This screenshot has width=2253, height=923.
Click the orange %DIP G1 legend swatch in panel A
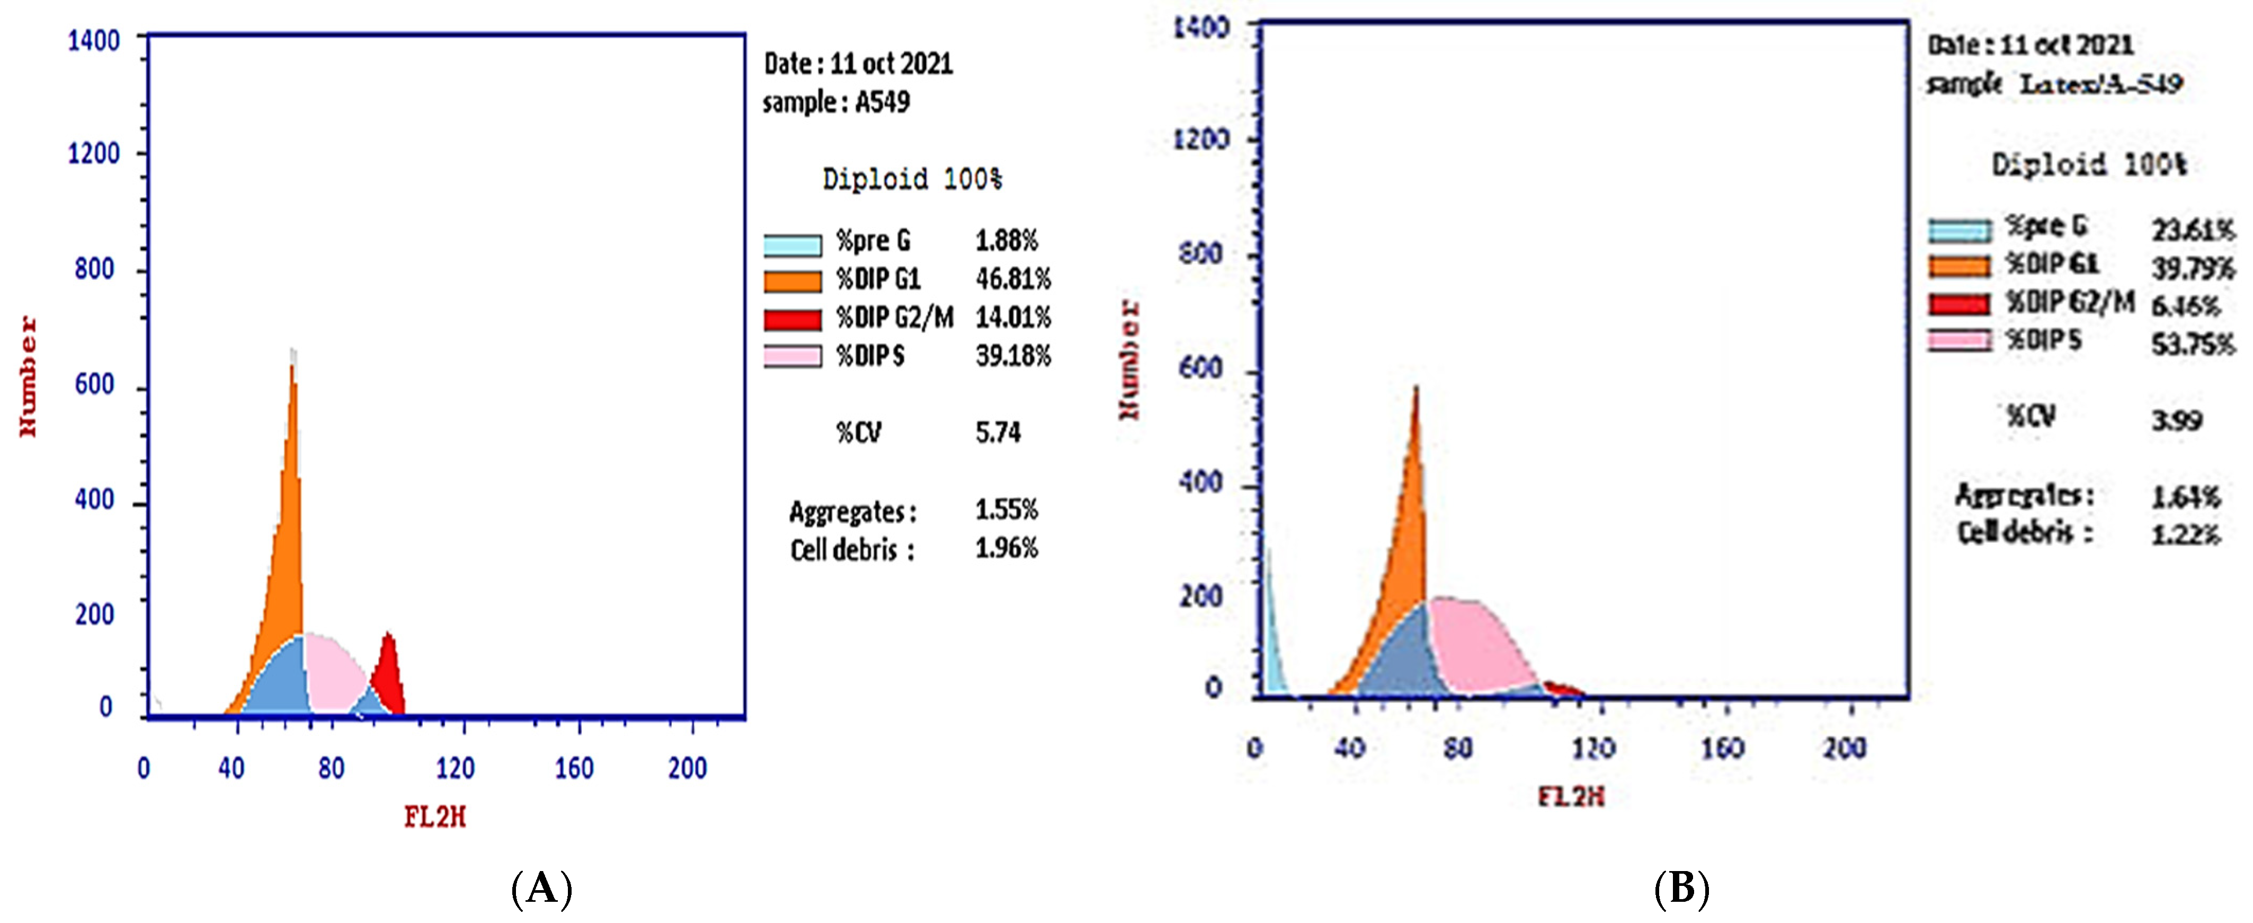coord(792,281)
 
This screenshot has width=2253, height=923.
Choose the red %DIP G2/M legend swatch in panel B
coord(1959,304)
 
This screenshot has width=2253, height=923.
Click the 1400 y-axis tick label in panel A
coord(94,41)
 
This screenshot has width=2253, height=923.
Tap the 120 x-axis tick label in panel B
coord(1592,748)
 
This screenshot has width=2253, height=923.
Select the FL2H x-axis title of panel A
coord(435,817)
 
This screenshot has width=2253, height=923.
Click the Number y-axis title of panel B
coord(1129,359)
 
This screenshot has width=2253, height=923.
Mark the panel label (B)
coord(1681,889)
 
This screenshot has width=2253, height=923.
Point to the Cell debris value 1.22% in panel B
coord(2185,534)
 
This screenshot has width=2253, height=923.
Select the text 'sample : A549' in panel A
coord(836,102)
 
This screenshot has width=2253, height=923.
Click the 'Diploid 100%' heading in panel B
coord(2089,164)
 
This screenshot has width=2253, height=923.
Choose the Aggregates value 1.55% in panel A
coord(1006,510)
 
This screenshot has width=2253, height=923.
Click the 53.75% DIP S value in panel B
coord(2192,344)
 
